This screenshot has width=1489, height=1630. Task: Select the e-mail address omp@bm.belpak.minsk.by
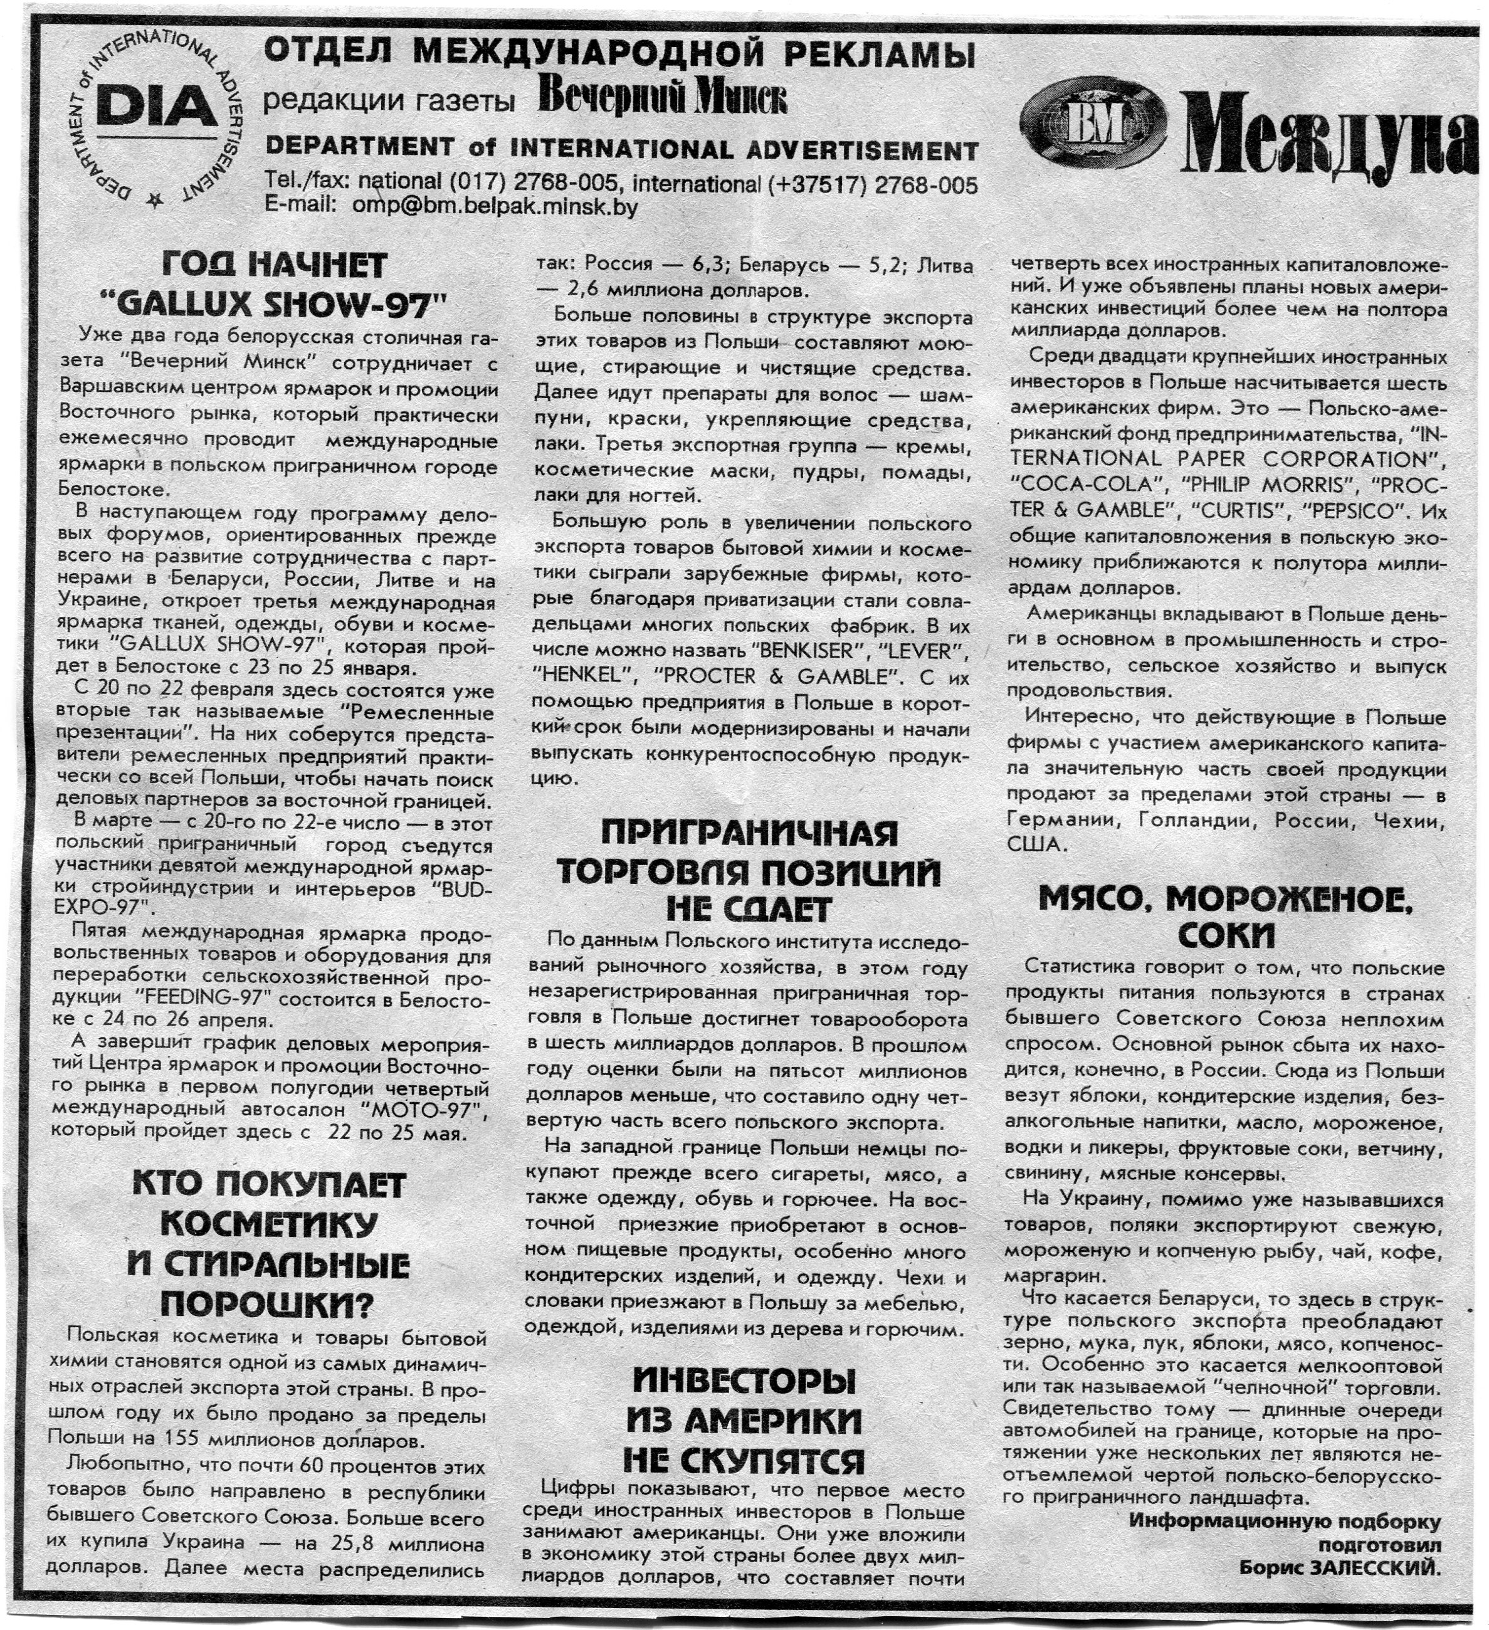pos(495,207)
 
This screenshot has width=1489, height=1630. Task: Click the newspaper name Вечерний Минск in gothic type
pos(662,100)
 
